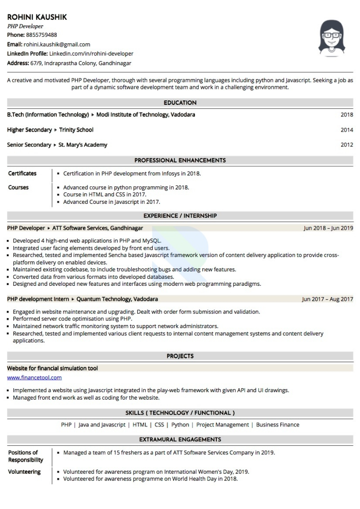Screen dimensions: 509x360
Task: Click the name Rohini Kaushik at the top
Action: (x=37, y=17)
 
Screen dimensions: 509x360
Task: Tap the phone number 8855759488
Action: (x=42, y=35)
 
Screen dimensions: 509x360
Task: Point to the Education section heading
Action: (x=180, y=103)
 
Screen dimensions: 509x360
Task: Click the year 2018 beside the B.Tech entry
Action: (x=347, y=115)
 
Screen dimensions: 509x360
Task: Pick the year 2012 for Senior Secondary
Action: (x=347, y=145)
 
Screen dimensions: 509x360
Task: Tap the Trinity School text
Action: (x=76, y=130)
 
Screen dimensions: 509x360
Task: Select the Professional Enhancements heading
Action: (x=180, y=161)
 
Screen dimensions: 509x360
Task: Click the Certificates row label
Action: (x=22, y=173)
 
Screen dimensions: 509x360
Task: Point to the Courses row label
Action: (x=18, y=187)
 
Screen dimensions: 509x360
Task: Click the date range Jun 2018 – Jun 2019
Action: (x=328, y=228)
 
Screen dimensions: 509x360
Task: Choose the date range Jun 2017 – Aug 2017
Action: (x=327, y=299)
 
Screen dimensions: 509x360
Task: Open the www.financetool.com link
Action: (x=34, y=378)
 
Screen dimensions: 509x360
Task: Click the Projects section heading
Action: (x=180, y=356)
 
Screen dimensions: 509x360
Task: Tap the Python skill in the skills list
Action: (x=180, y=425)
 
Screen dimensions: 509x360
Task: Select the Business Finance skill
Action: (x=278, y=425)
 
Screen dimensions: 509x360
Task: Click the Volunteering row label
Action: (x=25, y=472)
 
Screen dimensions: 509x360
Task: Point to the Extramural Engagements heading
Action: (x=180, y=439)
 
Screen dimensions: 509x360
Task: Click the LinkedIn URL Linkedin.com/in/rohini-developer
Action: (x=91, y=54)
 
